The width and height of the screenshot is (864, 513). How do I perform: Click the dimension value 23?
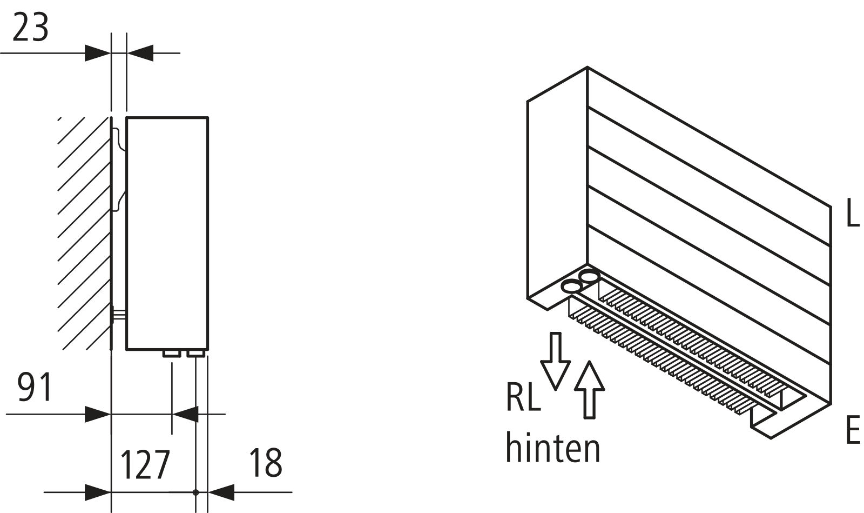(30, 28)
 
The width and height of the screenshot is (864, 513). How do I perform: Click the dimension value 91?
(35, 387)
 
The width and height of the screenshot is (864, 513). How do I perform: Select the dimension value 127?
(144, 464)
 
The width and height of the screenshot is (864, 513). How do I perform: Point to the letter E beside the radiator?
(852, 431)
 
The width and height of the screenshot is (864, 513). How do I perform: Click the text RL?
(523, 397)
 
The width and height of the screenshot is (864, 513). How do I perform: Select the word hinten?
(552, 448)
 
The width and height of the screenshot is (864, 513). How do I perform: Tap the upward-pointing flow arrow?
(589, 389)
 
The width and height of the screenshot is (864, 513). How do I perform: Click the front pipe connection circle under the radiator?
(571, 286)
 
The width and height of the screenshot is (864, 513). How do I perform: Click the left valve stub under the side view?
(172, 354)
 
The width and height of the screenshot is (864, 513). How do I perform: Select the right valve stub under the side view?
(195, 354)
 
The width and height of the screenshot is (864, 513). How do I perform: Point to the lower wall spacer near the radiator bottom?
(119, 316)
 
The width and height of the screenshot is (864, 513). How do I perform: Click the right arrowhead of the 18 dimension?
(221, 492)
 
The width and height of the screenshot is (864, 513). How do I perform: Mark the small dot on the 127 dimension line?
(196, 492)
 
